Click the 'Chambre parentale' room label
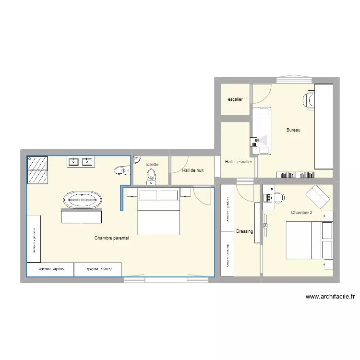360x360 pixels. [x=111, y=238]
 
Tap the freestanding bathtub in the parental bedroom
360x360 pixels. [x=82, y=200]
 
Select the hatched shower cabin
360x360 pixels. [x=37, y=170]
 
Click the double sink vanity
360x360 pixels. [x=80, y=162]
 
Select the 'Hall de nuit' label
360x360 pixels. [x=192, y=170]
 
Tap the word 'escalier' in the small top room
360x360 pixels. [x=235, y=100]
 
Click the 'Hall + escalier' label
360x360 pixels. [x=239, y=162]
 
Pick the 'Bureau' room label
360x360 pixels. [x=293, y=130]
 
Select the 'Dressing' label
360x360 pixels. [x=245, y=231]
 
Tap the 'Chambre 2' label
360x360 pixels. [x=301, y=213]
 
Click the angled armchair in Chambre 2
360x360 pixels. [x=318, y=196]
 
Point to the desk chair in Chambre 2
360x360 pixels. [x=278, y=197]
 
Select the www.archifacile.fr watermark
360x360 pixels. [x=333, y=297]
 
